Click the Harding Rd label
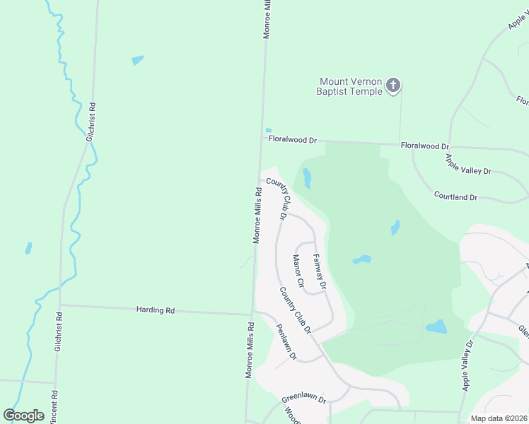tap(156, 310)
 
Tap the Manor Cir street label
tap(298, 271)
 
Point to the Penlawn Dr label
tap(286, 341)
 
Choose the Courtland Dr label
tap(455, 197)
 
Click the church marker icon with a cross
tap(393, 86)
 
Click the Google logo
tap(23, 416)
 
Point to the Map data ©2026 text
tap(499, 418)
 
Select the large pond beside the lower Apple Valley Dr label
tap(436, 326)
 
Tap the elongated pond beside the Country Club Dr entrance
tap(307, 178)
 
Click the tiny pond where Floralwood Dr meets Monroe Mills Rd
tap(268, 130)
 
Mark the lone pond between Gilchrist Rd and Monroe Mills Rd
tap(137, 60)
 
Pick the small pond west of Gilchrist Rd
tap(28, 248)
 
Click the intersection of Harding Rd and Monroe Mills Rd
tap(252, 314)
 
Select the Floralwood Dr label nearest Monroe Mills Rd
tap(288, 140)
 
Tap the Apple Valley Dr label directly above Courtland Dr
tap(467, 167)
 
